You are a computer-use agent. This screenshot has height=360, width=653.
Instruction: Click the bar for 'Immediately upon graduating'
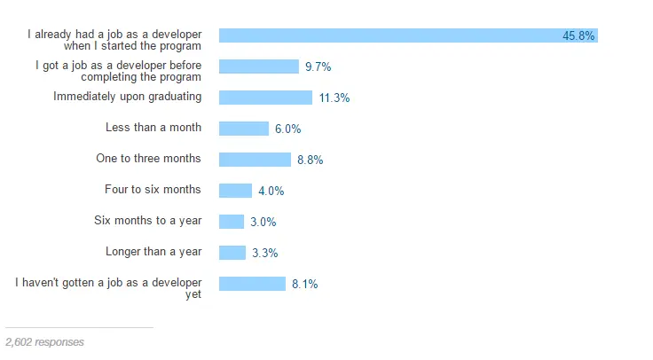coord(265,98)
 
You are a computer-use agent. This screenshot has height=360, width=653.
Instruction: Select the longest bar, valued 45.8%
coord(408,35)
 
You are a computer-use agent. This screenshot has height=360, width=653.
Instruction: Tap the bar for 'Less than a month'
coord(243,129)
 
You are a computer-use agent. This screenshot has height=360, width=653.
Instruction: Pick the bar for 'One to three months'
coord(255,160)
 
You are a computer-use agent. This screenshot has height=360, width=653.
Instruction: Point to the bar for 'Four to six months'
coord(235,191)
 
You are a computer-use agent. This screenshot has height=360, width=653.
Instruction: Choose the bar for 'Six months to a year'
coord(232,222)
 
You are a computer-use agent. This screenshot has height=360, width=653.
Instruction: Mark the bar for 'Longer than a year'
coord(232,253)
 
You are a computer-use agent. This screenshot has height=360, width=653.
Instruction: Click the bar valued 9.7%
coord(258,67)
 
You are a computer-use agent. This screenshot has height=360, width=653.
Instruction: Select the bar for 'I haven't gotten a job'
coord(252,284)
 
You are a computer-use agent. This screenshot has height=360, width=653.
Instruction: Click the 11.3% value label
coord(334,98)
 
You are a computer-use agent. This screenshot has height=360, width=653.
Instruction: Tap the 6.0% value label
coord(287,129)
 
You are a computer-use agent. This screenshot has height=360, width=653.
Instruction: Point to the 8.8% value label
coord(310,160)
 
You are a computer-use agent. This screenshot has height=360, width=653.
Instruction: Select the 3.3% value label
coord(264,254)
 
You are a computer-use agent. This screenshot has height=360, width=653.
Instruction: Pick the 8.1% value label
coord(304,285)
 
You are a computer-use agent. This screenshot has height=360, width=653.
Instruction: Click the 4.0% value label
coord(271,192)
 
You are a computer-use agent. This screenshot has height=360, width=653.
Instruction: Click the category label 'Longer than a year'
coord(153,252)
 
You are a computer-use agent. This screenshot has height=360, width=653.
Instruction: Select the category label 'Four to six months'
coord(153,190)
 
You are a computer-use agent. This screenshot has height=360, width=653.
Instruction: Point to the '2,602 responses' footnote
coord(44,341)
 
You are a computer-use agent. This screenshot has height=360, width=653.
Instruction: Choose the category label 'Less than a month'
coord(153,128)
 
